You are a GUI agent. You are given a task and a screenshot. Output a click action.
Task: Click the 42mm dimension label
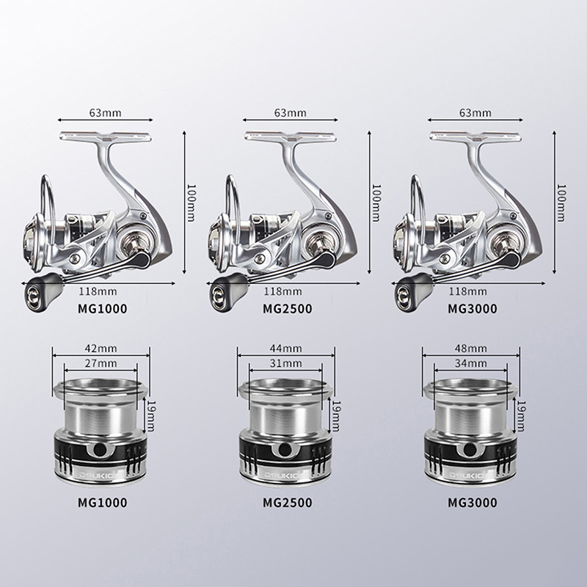tap(101, 349)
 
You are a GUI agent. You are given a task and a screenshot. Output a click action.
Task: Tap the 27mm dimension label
tap(101, 363)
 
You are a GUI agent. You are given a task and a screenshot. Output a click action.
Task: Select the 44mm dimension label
tap(285, 349)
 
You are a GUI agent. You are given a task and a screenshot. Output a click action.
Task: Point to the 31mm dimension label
tap(285, 363)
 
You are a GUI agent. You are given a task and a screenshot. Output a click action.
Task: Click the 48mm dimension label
tap(470, 349)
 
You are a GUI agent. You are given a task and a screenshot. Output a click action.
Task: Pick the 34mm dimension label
tap(470, 363)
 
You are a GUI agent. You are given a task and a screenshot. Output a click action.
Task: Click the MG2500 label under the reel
tap(287, 309)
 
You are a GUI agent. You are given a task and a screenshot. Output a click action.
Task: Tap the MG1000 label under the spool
tap(102, 503)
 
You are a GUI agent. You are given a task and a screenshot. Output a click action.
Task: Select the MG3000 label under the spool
tap(473, 503)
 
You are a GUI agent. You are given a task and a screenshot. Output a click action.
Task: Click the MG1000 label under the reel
tap(102, 309)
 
